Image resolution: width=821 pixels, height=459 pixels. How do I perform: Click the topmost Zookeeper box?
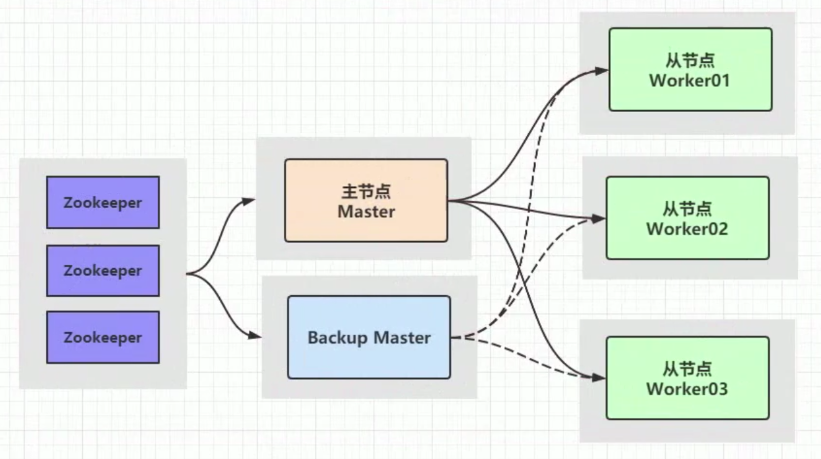103,202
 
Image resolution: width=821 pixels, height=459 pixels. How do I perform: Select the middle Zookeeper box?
103,271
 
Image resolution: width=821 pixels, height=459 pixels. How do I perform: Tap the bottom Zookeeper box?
103,337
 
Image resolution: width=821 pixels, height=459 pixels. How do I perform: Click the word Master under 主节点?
366,212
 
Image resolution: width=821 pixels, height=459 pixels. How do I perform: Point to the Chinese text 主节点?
366,192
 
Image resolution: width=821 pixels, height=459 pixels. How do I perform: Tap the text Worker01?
690,81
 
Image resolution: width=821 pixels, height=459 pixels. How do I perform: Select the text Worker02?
687,229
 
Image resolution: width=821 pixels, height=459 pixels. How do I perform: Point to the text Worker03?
687,389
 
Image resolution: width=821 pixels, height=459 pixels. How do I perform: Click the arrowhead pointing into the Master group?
250,200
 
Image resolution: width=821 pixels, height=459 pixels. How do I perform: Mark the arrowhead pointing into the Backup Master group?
255,336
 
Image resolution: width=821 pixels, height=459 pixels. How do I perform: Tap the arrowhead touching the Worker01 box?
602,71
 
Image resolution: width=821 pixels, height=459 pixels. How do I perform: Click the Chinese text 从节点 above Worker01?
690,60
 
